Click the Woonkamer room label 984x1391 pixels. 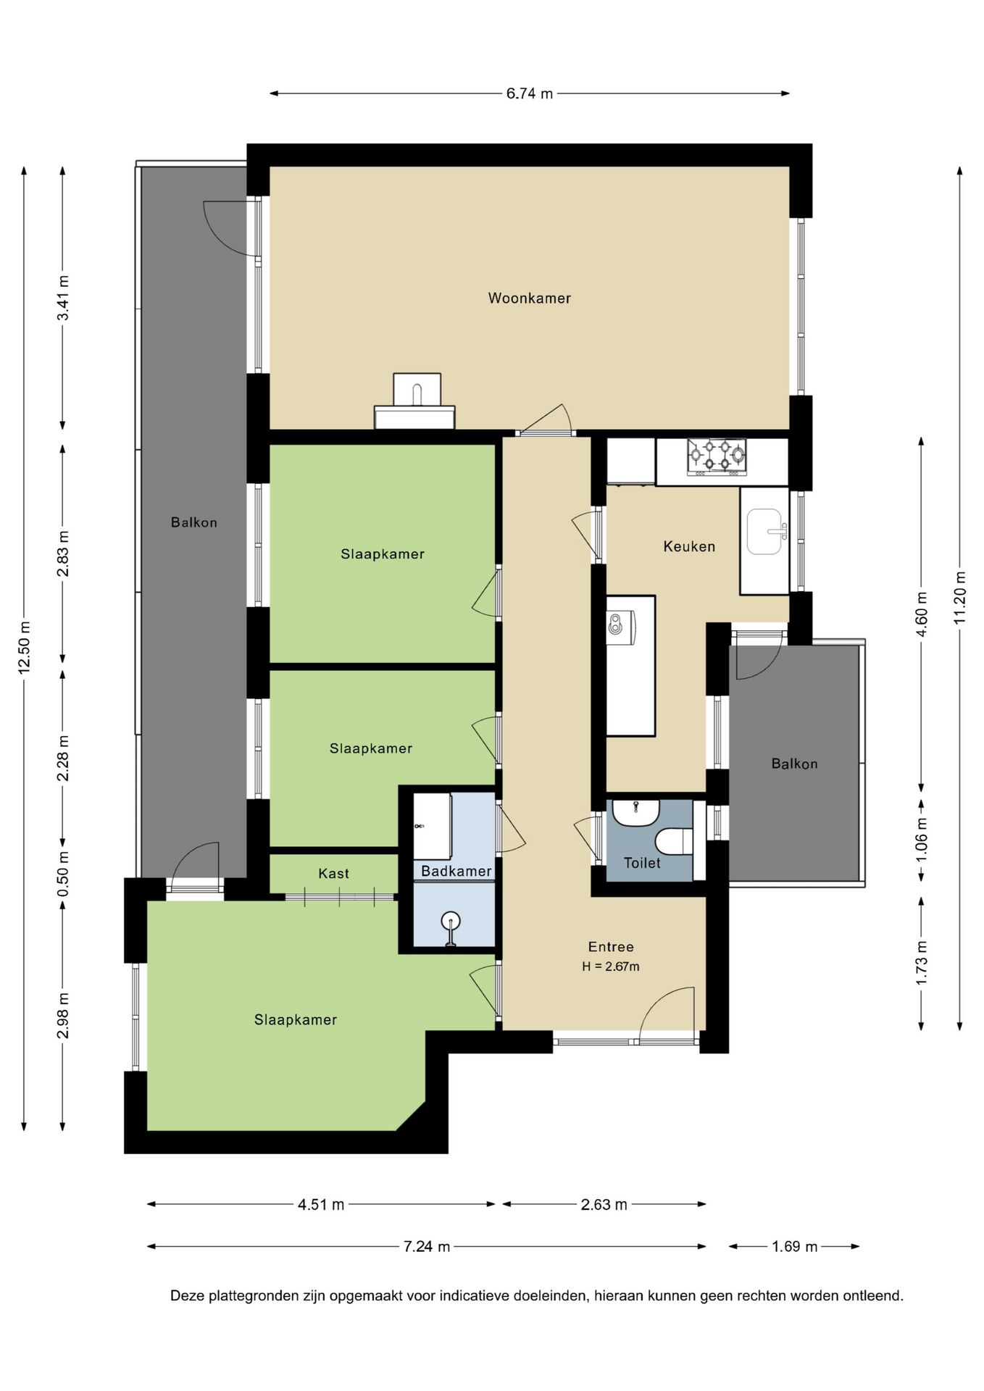pyautogui.click(x=529, y=298)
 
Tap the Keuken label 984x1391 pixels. pyautogui.click(x=689, y=546)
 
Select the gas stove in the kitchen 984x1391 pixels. pyautogui.click(x=717, y=457)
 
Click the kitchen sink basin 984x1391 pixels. pyautogui.click(x=764, y=531)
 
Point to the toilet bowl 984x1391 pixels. pyautogui.click(x=674, y=842)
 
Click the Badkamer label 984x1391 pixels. pyautogui.click(x=456, y=871)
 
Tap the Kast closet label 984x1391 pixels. pyautogui.click(x=333, y=874)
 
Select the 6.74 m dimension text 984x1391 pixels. pyautogui.click(x=530, y=93)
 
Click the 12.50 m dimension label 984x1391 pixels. pyautogui.click(x=24, y=647)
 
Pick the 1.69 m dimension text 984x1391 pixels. pyautogui.click(x=795, y=1246)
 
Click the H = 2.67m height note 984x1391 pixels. pyautogui.click(x=611, y=966)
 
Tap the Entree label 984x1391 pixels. pyautogui.click(x=611, y=947)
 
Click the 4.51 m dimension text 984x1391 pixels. pyautogui.click(x=321, y=1204)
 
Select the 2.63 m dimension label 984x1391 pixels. pyautogui.click(x=604, y=1204)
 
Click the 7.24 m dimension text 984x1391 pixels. pyautogui.click(x=427, y=1246)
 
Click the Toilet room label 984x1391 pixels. pyautogui.click(x=642, y=863)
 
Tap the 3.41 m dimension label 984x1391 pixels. pyautogui.click(x=63, y=298)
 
